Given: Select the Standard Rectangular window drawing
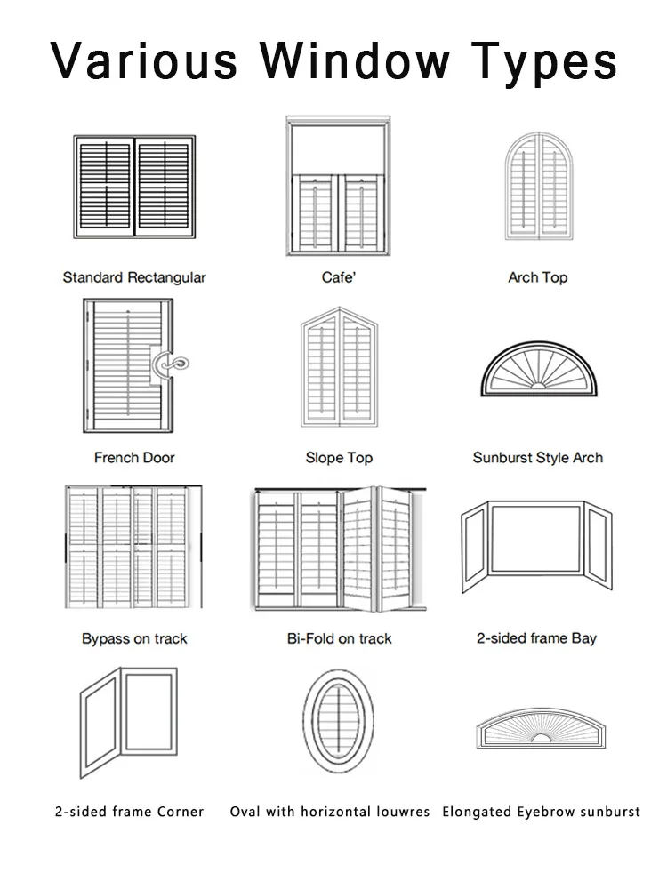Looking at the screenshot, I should pos(134,188).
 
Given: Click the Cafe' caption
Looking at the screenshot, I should pos(338,277).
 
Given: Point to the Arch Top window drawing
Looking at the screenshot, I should pos(537,187).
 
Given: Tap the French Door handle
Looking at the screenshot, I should pos(172,364).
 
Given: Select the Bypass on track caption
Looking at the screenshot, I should pos(134,638).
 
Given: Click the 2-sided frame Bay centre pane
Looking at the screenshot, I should pos(537,539).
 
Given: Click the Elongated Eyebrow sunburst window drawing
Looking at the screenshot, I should pos(538,731).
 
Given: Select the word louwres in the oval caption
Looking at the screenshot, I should pos(400,812).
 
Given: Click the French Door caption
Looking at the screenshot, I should pos(134,458).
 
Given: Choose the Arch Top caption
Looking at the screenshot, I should pos(537,277).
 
